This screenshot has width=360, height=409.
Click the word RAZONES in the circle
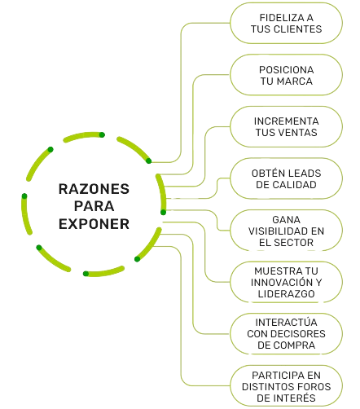tap(94, 189)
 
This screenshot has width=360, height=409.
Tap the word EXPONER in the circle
tap(94, 224)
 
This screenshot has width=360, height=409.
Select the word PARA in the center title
tap(94, 206)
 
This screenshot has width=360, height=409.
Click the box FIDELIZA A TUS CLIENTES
tap(286, 23)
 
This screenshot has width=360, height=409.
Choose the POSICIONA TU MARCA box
tap(286, 75)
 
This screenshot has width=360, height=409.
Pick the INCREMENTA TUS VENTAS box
tap(286, 127)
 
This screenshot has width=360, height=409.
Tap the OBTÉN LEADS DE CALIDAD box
tap(286, 178)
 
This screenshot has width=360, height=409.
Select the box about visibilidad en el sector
tap(286, 231)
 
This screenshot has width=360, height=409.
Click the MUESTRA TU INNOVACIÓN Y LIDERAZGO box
tap(286, 283)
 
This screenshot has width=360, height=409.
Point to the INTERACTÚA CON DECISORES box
tap(286, 334)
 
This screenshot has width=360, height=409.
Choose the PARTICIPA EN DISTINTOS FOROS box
tap(286, 386)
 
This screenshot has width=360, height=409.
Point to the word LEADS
tap(305, 174)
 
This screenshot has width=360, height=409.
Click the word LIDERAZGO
tap(286, 294)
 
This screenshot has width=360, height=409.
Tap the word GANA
tap(286, 220)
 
